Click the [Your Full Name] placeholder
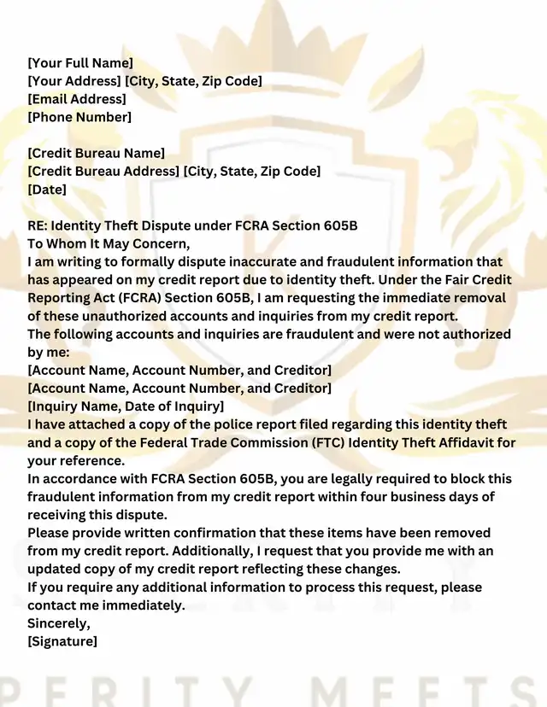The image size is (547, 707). click(x=80, y=62)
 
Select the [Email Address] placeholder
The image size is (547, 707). click(x=77, y=99)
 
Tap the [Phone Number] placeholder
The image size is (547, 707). click(x=79, y=117)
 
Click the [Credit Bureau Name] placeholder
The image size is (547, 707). click(x=96, y=153)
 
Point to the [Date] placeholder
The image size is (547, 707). click(x=47, y=189)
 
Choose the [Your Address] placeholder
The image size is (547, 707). click(x=74, y=81)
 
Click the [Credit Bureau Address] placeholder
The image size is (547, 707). click(x=103, y=171)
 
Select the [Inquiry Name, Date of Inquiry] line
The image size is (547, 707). click(x=126, y=406)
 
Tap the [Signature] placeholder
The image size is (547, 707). click(x=62, y=640)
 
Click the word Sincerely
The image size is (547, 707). click(x=58, y=622)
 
